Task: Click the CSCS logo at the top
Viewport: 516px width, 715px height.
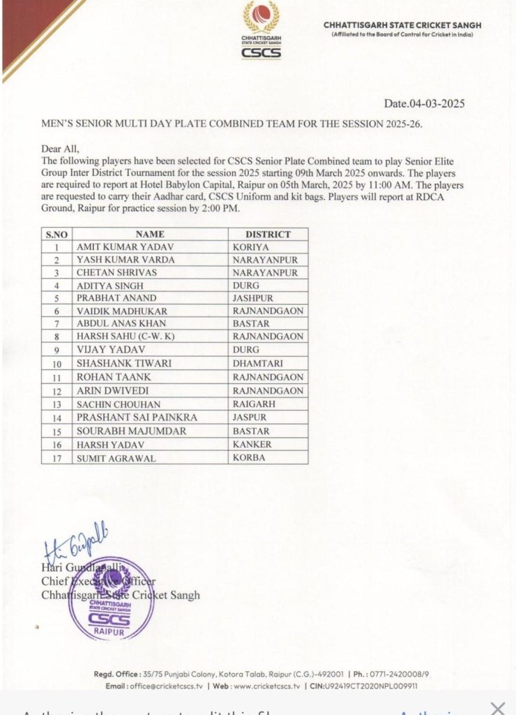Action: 261,31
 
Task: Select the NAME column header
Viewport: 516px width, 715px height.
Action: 150,234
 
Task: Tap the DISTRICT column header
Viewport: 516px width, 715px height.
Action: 268,234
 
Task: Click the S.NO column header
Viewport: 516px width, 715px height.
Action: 56,235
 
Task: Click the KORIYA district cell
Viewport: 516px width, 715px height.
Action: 250,246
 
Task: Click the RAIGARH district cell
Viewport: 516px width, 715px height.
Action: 254,404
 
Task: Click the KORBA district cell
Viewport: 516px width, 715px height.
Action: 249,458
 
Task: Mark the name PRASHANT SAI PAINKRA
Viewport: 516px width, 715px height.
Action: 128,418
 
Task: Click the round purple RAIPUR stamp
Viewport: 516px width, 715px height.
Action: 112,598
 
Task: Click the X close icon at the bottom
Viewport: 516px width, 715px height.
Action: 497,708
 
